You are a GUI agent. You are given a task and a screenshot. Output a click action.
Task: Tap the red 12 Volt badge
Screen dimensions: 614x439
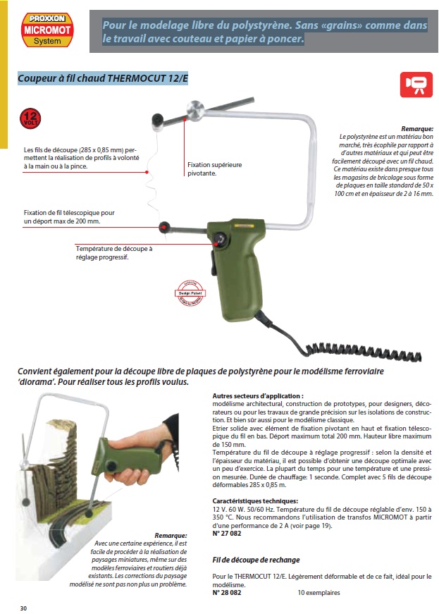click(30, 118)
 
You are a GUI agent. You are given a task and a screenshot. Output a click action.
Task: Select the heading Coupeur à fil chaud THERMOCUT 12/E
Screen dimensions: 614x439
click(103, 78)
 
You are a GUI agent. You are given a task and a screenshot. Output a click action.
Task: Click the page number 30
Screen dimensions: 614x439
click(23, 608)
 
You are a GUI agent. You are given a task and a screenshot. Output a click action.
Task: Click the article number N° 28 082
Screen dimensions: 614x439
click(227, 593)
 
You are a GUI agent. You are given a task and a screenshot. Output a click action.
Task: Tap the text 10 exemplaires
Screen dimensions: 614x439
click(319, 593)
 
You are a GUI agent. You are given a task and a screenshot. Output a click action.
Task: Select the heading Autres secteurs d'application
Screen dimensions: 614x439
click(258, 397)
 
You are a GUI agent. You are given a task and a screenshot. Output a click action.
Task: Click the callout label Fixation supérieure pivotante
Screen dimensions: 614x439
click(214, 168)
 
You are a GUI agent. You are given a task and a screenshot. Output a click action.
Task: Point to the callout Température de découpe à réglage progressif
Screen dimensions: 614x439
click(113, 252)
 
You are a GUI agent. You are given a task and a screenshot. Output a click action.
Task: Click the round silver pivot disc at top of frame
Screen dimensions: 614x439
click(194, 109)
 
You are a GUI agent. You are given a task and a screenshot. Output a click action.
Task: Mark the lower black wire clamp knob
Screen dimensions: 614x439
click(166, 226)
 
